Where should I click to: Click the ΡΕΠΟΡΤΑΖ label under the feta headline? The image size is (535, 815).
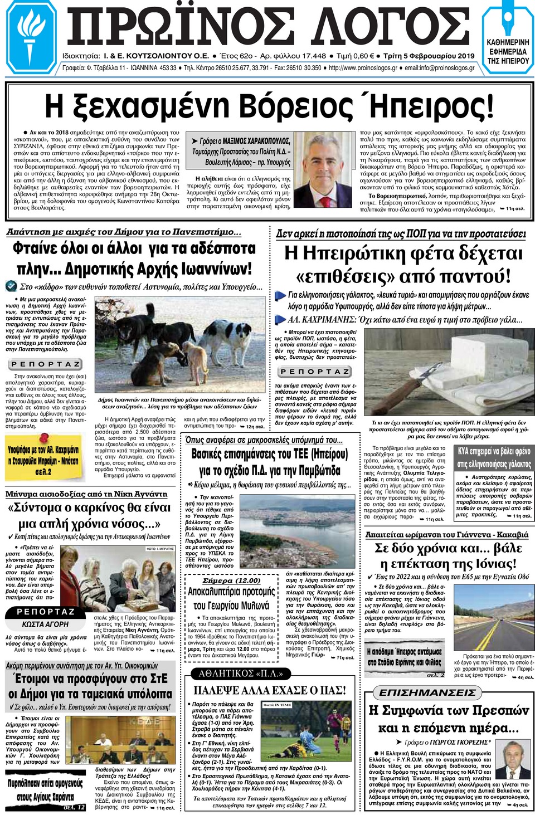coord(315,372)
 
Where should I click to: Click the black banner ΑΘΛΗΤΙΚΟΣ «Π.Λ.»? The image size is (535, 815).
coord(241,674)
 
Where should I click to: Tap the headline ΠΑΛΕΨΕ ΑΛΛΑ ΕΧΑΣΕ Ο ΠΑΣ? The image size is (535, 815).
coord(269,690)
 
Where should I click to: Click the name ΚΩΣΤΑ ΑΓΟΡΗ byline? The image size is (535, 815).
coord(45,624)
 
